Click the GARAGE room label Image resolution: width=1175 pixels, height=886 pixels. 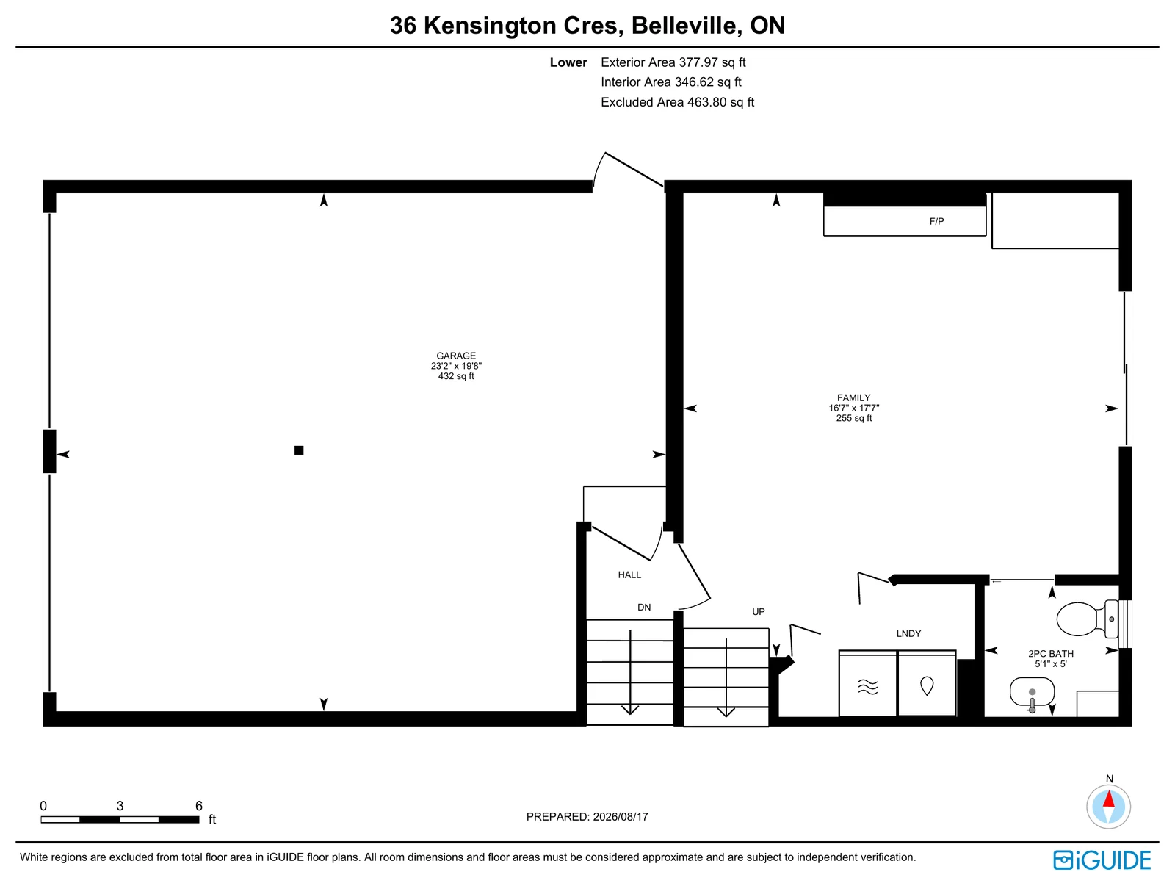pos(455,356)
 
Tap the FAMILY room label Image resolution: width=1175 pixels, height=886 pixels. pos(853,397)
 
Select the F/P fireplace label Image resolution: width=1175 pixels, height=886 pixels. pos(936,221)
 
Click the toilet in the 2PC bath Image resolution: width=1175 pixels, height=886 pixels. pos(1087,619)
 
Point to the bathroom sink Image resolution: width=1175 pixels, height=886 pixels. pos(1032,693)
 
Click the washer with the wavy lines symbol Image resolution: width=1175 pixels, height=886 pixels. pos(867,683)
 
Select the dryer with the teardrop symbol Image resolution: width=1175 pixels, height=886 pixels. pos(927,683)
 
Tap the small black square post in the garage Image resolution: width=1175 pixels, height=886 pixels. pos(299,450)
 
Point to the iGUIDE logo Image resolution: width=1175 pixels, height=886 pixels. pos(1102,860)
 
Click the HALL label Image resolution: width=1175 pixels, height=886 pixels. pos(629,575)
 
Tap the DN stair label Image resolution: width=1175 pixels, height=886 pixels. pos(644,607)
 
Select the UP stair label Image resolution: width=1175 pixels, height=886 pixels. pos(758,611)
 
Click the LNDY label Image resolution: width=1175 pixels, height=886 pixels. pos(908,633)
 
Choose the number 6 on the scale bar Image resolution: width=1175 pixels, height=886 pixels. pos(198,806)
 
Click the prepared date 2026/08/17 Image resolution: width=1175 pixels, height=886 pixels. pos(621,816)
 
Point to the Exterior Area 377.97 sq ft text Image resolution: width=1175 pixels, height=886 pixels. pos(673,62)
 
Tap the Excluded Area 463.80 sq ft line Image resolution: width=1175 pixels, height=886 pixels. pos(677,101)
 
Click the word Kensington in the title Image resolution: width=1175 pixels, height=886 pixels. pos(490,26)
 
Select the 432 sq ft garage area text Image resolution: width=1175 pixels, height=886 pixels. pos(456,376)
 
